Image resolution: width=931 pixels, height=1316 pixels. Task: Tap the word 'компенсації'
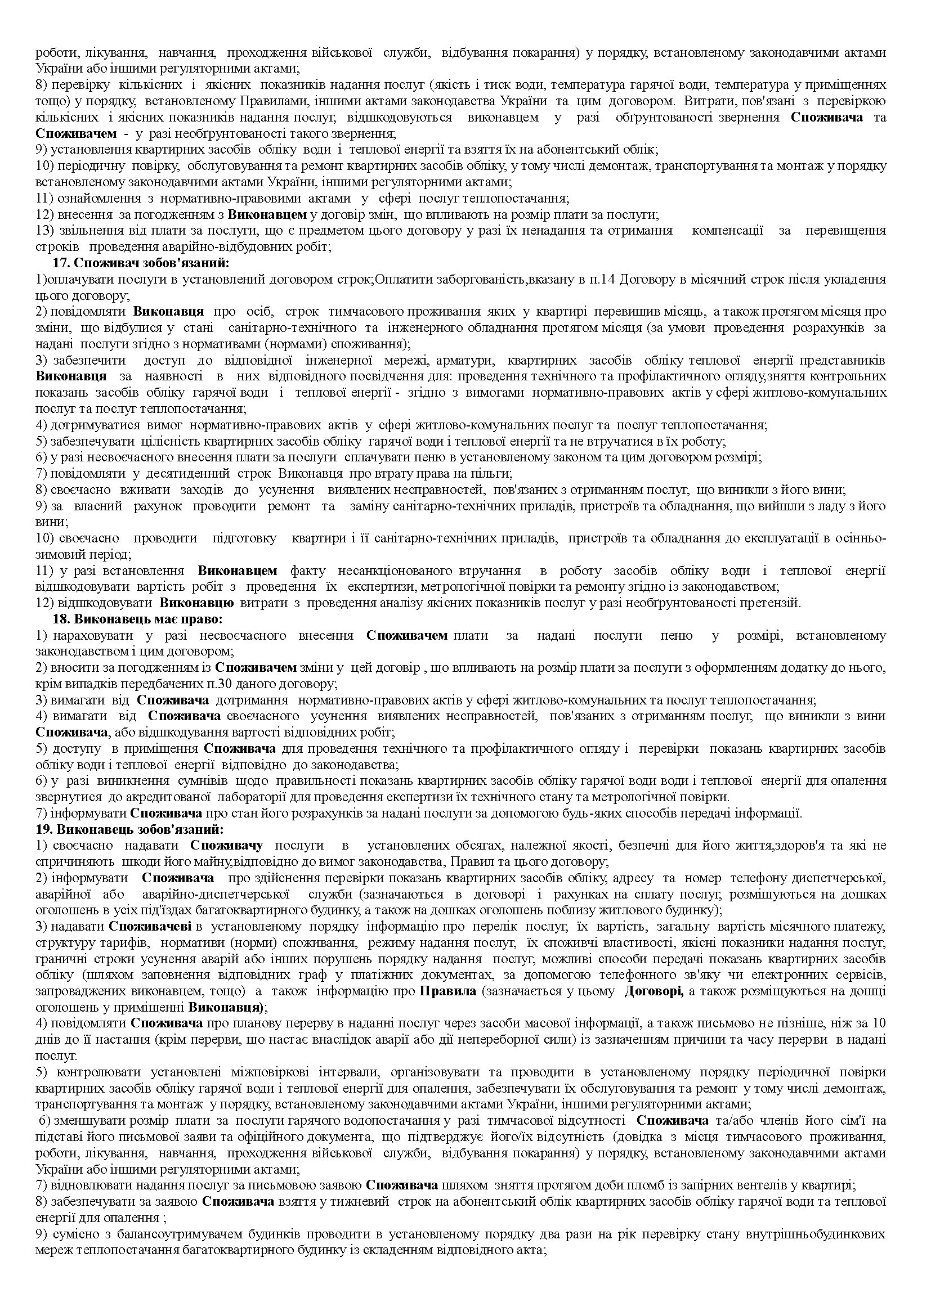point(727,231)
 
